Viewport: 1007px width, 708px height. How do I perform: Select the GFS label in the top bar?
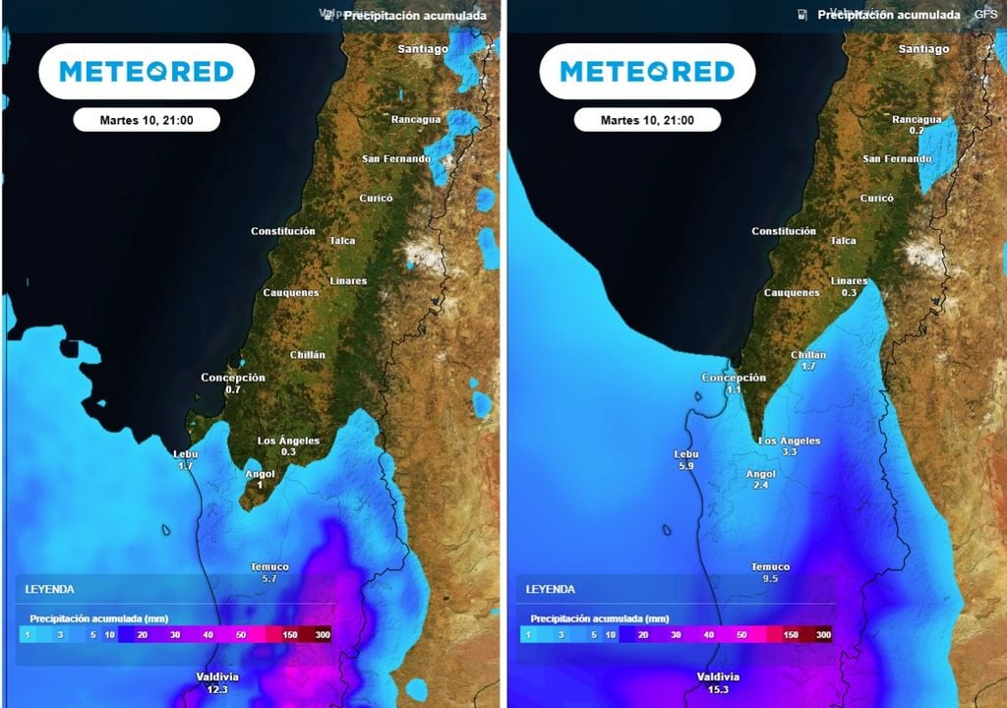click(x=985, y=15)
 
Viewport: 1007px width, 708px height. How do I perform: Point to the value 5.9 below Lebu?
click(x=685, y=467)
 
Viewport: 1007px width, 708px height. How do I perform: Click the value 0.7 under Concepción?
click(x=233, y=389)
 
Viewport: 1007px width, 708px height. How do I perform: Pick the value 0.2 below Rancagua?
click(x=917, y=131)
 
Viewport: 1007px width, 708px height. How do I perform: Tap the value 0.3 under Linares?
click(x=850, y=293)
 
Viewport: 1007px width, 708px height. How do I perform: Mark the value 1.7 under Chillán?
click(x=808, y=366)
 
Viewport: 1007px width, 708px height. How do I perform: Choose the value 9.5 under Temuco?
click(x=770, y=579)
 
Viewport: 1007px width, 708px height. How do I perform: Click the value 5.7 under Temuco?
click(x=269, y=579)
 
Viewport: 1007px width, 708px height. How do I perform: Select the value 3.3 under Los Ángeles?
click(x=789, y=452)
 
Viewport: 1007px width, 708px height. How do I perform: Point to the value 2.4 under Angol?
click(x=760, y=486)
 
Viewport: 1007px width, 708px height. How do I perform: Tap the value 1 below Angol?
click(x=260, y=486)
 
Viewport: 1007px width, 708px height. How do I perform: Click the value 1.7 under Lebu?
click(x=185, y=466)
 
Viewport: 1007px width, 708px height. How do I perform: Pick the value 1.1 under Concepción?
click(x=734, y=389)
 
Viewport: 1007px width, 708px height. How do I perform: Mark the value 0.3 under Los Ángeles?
click(x=288, y=452)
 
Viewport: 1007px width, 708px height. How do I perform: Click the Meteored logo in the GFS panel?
click(x=647, y=71)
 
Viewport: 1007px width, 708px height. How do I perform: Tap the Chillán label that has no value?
click(x=308, y=355)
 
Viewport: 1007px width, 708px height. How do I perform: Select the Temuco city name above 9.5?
click(x=770, y=567)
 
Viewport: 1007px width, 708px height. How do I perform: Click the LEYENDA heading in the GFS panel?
click(x=550, y=589)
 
